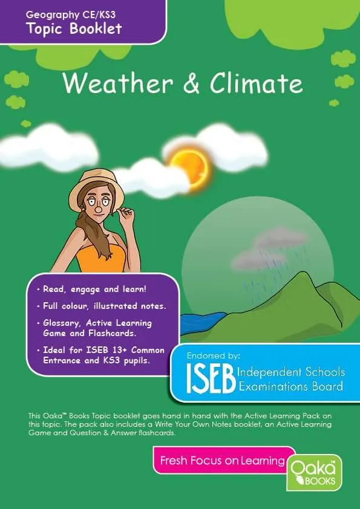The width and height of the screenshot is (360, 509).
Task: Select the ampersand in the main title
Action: pos(191,83)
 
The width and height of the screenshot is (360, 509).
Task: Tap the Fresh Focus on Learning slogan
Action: pos(222,461)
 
